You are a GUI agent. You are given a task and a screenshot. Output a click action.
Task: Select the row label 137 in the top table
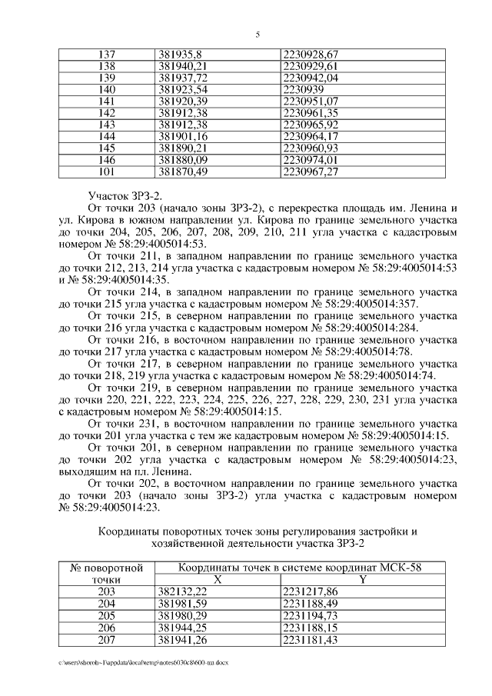coord(108,55)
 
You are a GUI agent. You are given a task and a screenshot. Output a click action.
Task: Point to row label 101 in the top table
coord(108,172)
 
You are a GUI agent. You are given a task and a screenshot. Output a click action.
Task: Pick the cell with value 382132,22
coord(182,591)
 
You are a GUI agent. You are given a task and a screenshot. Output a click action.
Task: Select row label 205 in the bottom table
coord(108,615)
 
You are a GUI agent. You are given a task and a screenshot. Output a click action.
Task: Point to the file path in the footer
coord(143,661)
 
